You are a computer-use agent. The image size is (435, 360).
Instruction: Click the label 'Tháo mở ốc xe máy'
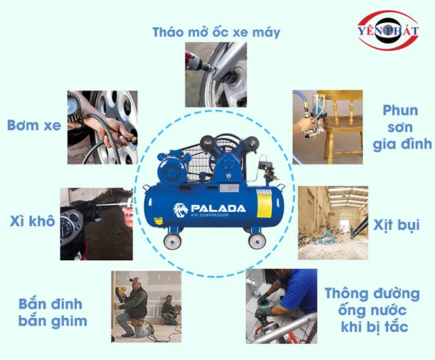click(x=216, y=31)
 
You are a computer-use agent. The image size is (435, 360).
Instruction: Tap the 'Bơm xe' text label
click(x=33, y=126)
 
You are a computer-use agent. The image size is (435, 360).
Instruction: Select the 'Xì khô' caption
click(x=33, y=221)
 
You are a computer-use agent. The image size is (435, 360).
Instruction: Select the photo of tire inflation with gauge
click(x=102, y=127)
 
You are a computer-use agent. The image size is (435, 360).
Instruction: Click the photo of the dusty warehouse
click(x=332, y=222)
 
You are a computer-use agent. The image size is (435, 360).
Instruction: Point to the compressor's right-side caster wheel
click(x=256, y=239)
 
